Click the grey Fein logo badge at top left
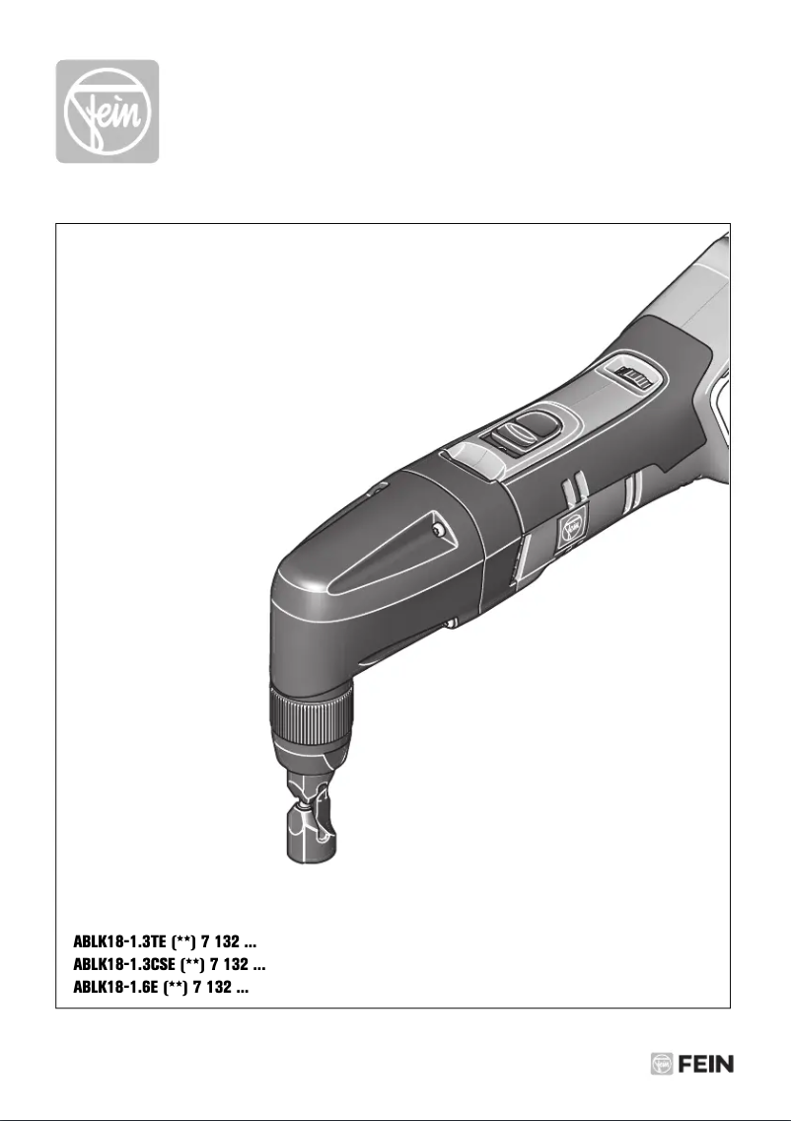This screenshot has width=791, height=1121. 107,112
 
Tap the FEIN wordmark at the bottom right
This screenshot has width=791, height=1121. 706,1065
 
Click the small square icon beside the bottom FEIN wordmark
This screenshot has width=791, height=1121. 662,1065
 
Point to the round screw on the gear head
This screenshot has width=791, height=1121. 437,531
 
